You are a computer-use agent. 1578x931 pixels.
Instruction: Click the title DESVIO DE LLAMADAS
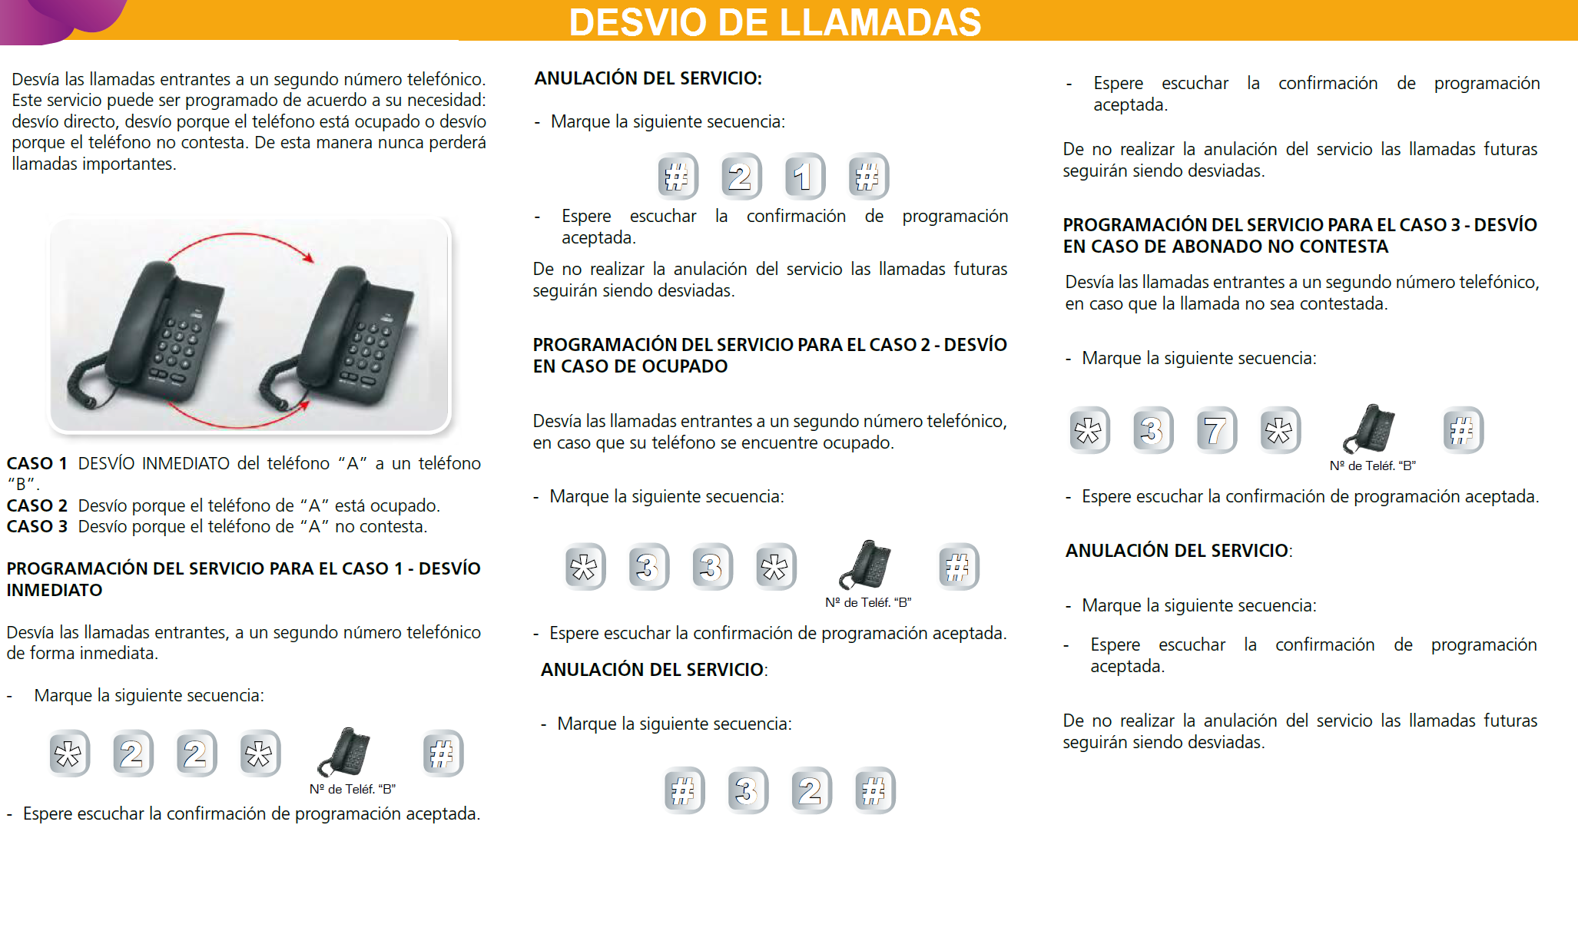(x=774, y=22)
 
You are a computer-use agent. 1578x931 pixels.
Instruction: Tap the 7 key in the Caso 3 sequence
(x=1216, y=430)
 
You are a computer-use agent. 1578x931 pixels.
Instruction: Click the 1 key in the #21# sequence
(x=804, y=176)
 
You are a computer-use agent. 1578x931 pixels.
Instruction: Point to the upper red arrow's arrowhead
(x=309, y=258)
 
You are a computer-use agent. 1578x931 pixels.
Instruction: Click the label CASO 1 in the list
(x=36, y=463)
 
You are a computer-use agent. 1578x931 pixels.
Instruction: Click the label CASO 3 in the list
(x=36, y=526)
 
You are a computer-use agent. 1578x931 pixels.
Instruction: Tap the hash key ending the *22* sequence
(x=443, y=754)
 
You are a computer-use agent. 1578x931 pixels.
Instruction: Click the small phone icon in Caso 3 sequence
(x=1370, y=429)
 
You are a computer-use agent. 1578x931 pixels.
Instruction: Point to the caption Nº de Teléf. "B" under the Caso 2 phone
(x=868, y=602)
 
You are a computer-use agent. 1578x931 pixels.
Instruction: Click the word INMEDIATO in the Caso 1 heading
(x=54, y=590)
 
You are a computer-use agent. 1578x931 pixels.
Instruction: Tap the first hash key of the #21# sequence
(x=678, y=176)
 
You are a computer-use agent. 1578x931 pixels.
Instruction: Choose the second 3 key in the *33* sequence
(x=712, y=567)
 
